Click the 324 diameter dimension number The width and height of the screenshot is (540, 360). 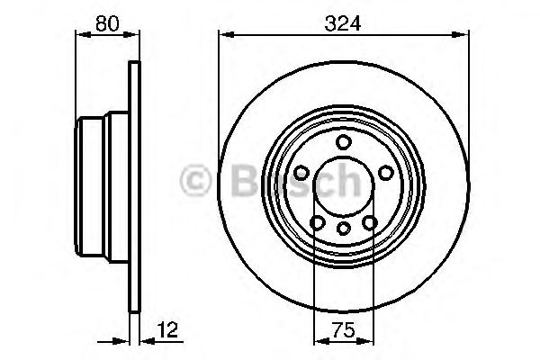click(343, 25)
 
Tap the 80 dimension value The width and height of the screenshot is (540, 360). click(108, 25)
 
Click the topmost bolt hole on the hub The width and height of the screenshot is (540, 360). click(343, 141)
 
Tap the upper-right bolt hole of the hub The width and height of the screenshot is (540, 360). click(385, 172)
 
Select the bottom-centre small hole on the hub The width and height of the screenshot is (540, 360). click(343, 229)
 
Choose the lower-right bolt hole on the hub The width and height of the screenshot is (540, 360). click(370, 222)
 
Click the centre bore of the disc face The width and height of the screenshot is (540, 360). click(343, 185)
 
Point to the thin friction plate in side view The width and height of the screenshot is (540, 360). click(135, 185)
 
